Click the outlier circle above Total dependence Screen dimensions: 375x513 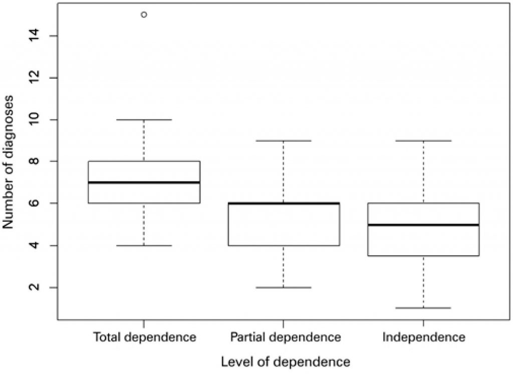[x=144, y=15]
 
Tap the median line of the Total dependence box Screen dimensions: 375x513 [x=144, y=182]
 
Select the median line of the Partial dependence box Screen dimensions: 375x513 [x=284, y=203]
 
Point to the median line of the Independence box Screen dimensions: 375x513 [x=423, y=225]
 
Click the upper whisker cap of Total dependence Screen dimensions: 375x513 [x=144, y=120]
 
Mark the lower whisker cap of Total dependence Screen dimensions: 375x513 [x=144, y=245]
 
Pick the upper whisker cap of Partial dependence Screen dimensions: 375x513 [x=284, y=141]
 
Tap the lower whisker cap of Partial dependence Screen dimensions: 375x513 [x=284, y=287]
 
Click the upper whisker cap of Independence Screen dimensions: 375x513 [x=423, y=141]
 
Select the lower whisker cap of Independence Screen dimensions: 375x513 [x=423, y=308]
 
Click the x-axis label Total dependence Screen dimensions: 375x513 [x=144, y=337]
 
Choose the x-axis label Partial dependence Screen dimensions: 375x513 [x=286, y=337]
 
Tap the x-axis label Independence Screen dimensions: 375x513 [x=423, y=337]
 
